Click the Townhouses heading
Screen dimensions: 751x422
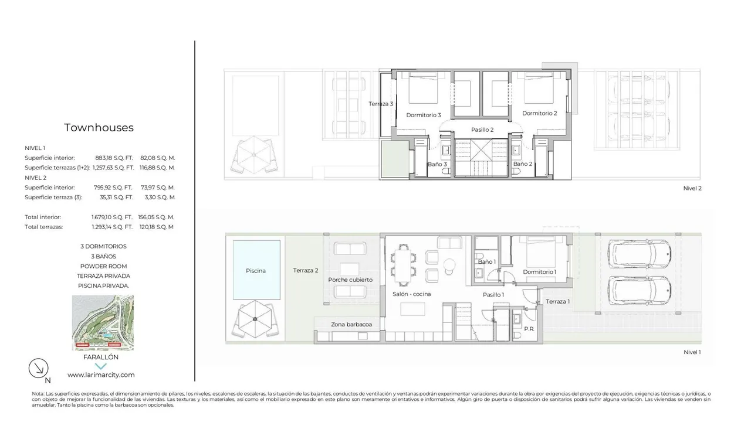pyautogui.click(x=99, y=128)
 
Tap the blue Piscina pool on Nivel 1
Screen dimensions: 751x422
pyautogui.click(x=256, y=270)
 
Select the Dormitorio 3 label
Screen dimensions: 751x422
pyautogui.click(x=424, y=115)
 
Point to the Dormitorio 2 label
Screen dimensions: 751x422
pyautogui.click(x=539, y=113)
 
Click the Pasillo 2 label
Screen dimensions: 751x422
pyautogui.click(x=482, y=130)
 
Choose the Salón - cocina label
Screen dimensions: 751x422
pyautogui.click(x=412, y=294)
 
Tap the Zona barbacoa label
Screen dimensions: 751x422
pyautogui.click(x=351, y=324)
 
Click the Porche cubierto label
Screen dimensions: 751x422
pyautogui.click(x=350, y=280)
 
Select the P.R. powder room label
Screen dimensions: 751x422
pyautogui.click(x=529, y=329)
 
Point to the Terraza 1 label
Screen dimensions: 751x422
pyautogui.click(x=557, y=301)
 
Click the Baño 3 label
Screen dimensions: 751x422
pyautogui.click(x=437, y=164)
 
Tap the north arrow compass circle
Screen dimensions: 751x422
pyautogui.click(x=38, y=369)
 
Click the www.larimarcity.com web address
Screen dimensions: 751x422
pyautogui.click(x=101, y=375)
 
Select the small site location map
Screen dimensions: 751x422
pyautogui.click(x=103, y=323)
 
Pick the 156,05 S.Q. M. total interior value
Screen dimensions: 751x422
pyautogui.click(x=156, y=217)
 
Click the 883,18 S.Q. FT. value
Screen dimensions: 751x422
pyautogui.click(x=114, y=158)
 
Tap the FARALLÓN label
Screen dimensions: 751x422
pyautogui.click(x=100, y=357)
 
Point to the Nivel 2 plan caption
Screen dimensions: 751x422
pyautogui.click(x=692, y=188)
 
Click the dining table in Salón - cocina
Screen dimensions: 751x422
pyautogui.click(x=403, y=266)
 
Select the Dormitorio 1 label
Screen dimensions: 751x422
pyautogui.click(x=539, y=271)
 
